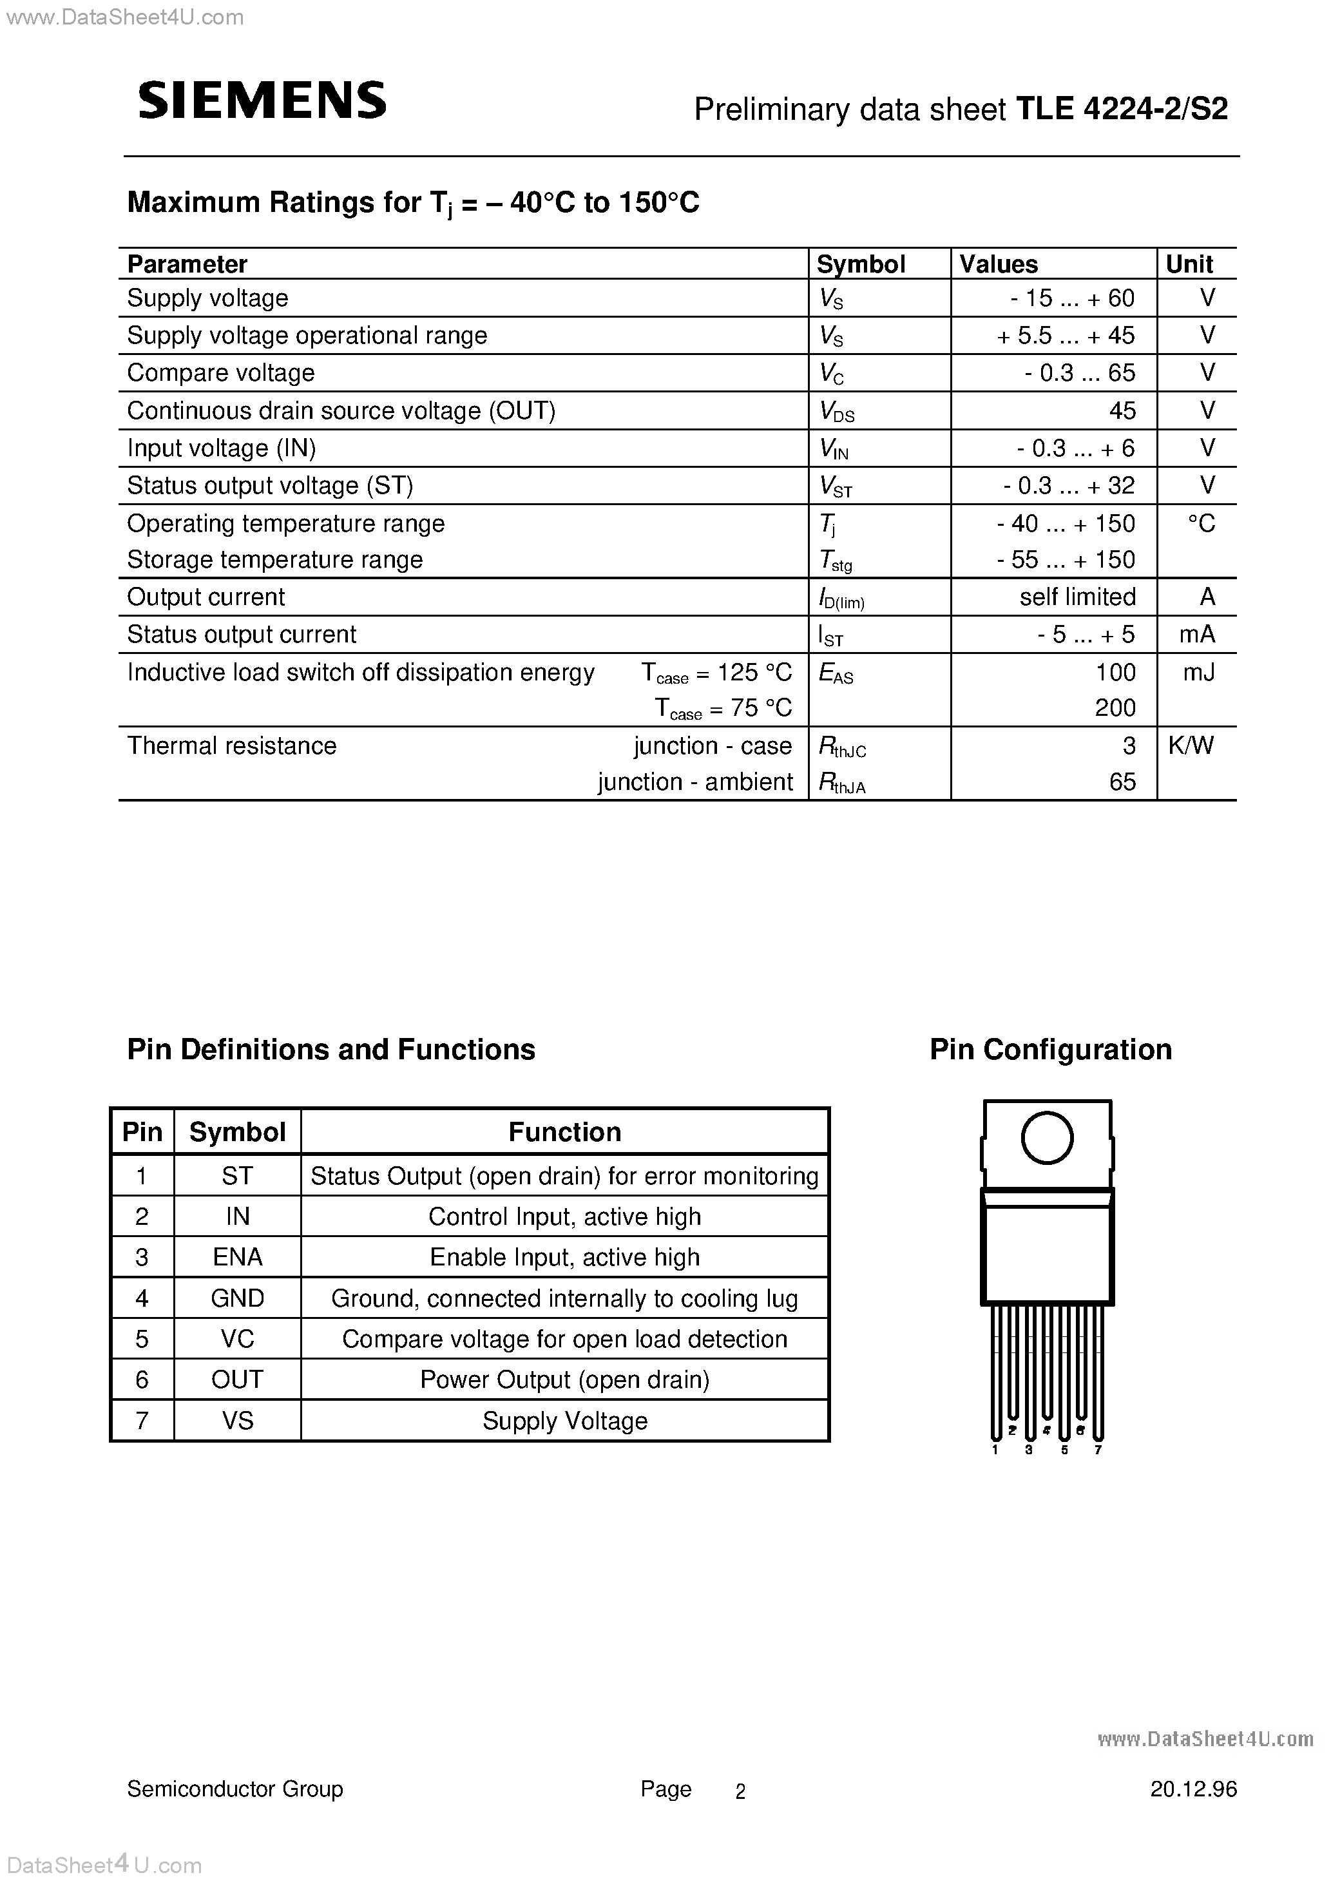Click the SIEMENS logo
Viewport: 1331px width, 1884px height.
coord(262,102)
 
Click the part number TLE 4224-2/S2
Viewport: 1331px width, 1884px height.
coord(1122,109)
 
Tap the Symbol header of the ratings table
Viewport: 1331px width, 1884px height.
coord(861,264)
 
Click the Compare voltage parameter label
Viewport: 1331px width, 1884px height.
coord(221,373)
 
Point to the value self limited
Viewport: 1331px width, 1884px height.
coord(1077,597)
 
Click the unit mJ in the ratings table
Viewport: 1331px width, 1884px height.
coord(1198,673)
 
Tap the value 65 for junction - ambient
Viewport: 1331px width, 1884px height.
coord(1122,782)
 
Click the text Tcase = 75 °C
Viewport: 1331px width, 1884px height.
coord(723,709)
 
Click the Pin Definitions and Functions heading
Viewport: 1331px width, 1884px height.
coord(330,1050)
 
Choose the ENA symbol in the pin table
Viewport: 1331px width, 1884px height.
coord(237,1257)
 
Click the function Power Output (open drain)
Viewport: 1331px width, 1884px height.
coord(564,1379)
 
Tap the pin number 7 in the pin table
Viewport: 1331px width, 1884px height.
coord(142,1420)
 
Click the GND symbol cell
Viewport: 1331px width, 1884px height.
coord(237,1298)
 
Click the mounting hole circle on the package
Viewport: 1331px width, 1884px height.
coord(1046,1138)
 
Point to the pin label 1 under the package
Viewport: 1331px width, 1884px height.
coord(995,1450)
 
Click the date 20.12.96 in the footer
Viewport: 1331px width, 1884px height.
coord(1192,1789)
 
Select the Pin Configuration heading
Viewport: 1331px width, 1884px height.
coord(1049,1050)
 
